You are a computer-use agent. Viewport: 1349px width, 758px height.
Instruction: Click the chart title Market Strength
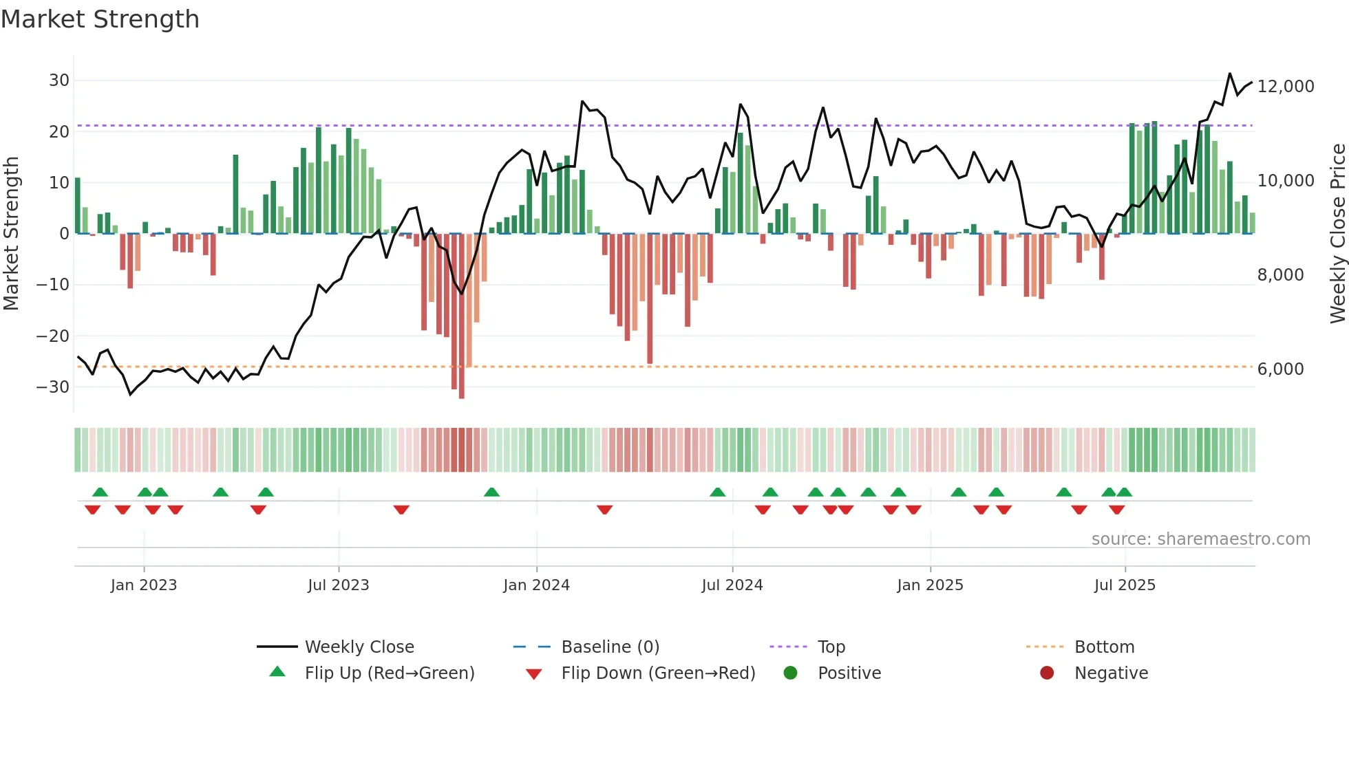tap(100, 19)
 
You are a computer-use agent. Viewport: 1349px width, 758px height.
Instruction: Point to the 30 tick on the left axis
tap(59, 80)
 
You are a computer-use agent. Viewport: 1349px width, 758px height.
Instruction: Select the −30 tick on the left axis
tap(54, 387)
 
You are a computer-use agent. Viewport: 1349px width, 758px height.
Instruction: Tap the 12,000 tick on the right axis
tap(1285, 87)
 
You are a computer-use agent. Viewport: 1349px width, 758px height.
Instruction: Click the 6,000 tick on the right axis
tap(1280, 369)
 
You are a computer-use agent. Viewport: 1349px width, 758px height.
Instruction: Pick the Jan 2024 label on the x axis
tap(536, 585)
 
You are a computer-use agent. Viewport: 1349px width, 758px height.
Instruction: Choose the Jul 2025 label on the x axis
tap(1125, 585)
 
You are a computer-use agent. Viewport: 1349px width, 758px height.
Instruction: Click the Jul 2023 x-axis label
tap(338, 585)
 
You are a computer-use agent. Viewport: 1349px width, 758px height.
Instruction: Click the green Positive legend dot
tap(790, 673)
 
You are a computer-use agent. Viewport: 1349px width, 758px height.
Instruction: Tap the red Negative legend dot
tap(1047, 673)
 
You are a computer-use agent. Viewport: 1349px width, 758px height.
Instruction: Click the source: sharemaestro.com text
tap(1200, 539)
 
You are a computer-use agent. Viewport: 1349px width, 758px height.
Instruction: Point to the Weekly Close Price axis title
tap(1337, 234)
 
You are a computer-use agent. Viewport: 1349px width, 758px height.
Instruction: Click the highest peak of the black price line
tap(1229, 74)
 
